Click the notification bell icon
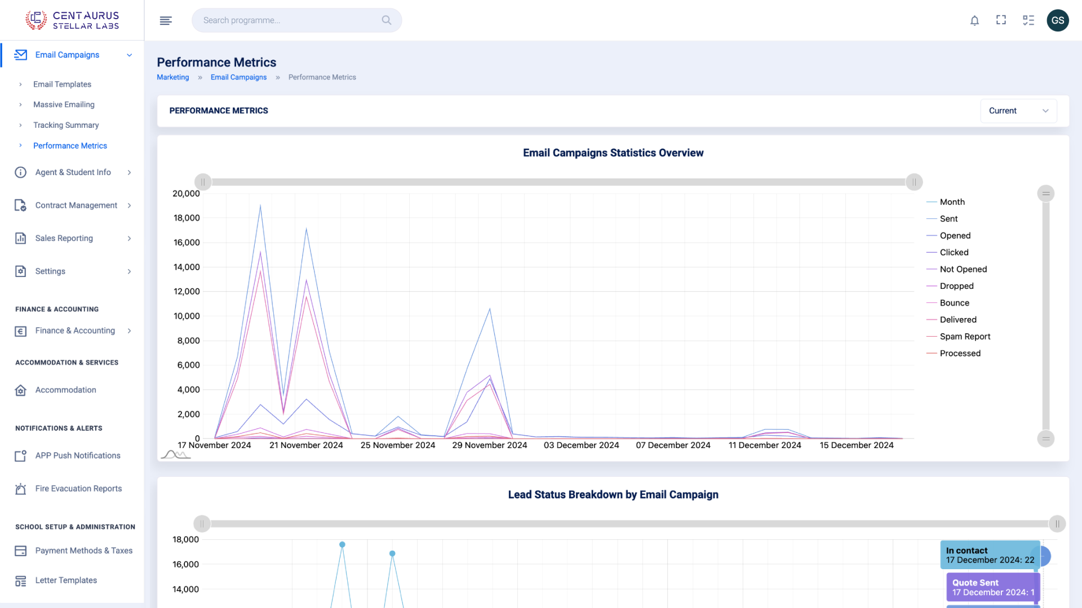point(974,21)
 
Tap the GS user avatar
point(1058,21)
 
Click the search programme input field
point(290,21)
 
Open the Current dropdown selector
point(1018,111)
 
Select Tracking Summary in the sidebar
point(66,125)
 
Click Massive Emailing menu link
point(64,105)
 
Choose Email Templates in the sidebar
point(62,84)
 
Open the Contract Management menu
point(76,205)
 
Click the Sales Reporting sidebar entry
point(64,238)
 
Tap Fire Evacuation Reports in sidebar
point(78,489)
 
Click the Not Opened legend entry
point(963,269)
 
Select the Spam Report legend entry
point(965,337)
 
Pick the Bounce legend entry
point(954,303)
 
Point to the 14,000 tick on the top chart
point(187,267)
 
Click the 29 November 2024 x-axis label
point(489,445)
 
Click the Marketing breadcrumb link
point(172,78)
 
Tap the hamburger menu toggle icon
point(166,21)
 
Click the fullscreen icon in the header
point(1001,21)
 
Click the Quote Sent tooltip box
point(992,587)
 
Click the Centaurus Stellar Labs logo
point(72,20)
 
